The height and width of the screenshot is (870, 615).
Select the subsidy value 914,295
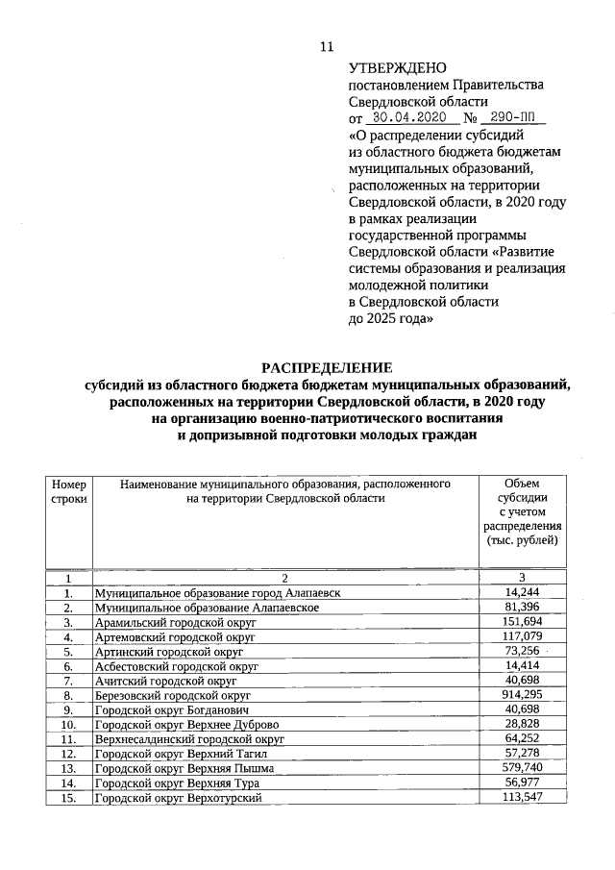click(522, 694)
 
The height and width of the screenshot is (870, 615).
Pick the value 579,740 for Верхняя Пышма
click(522, 768)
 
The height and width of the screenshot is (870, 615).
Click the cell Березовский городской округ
click(172, 695)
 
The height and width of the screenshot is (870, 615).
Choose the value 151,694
click(522, 622)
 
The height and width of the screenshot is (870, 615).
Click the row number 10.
click(68, 724)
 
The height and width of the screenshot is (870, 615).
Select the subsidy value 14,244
click(522, 592)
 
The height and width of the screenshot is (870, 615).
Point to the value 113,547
click(522, 798)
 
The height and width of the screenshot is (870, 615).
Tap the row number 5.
click(68, 651)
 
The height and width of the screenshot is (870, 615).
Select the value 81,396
click(522, 608)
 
